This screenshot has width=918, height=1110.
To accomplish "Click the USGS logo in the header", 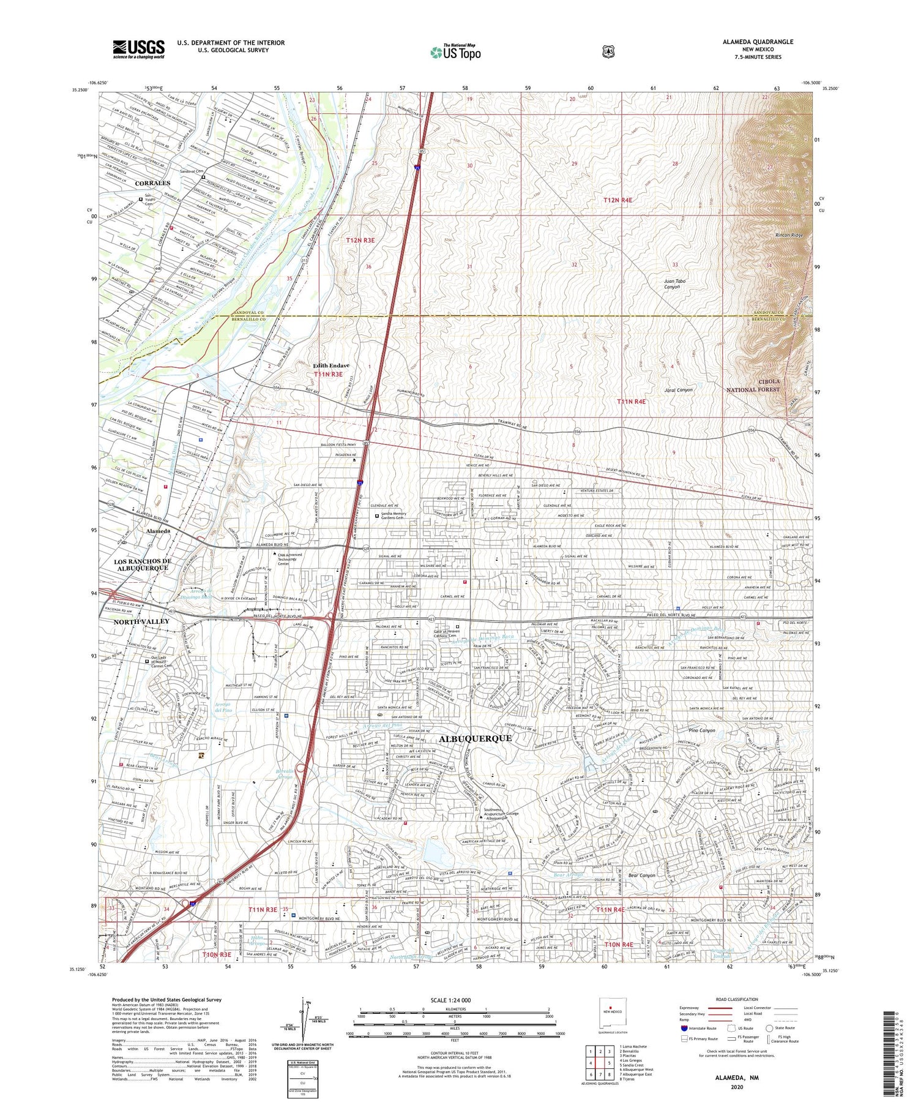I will click(x=138, y=49).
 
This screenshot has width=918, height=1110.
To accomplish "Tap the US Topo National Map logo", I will click(x=455, y=52).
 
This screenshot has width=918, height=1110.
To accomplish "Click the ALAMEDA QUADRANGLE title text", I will click(x=758, y=42).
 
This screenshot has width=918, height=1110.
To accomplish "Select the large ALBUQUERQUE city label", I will click(x=475, y=739).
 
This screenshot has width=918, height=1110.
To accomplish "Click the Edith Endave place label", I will click(x=331, y=365).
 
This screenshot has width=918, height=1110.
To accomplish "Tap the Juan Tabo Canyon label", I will click(x=674, y=284).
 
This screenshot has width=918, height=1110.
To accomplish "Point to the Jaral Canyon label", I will click(x=679, y=390).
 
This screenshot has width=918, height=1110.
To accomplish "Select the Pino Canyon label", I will click(x=702, y=730).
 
